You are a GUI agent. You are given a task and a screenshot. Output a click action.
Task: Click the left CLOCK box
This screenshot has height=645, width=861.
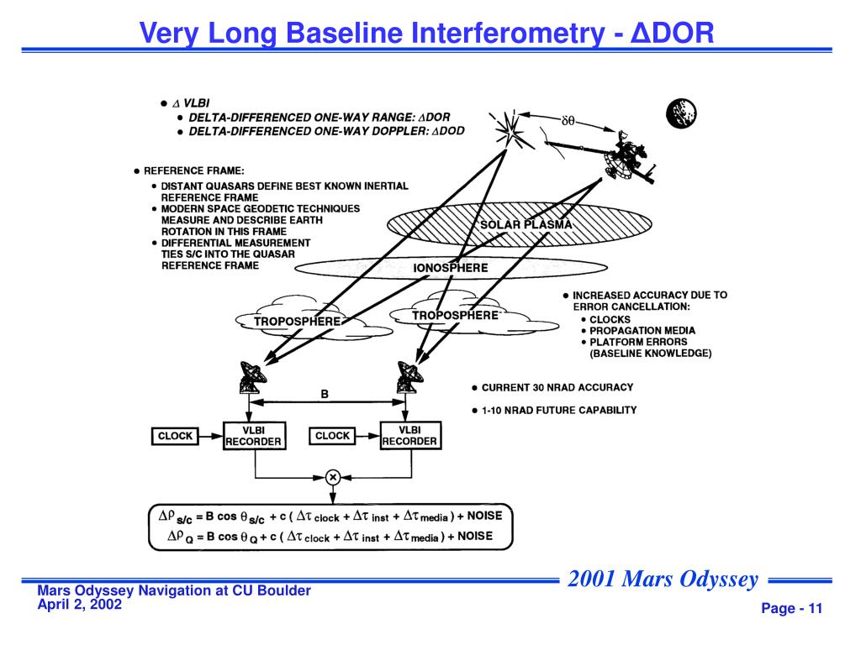[x=175, y=436]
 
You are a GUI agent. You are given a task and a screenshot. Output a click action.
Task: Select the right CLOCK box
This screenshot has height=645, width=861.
[x=332, y=436]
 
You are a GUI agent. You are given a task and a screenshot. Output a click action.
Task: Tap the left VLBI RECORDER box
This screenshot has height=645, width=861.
[x=253, y=435]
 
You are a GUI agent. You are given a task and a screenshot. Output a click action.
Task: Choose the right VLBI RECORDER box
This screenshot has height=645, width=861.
[x=410, y=435]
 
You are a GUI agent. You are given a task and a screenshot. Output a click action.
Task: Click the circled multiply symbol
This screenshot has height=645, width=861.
[x=332, y=477]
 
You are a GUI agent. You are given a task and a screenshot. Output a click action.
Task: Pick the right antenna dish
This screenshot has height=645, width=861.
[x=409, y=375]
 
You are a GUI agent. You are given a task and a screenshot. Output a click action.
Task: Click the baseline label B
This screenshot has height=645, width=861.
[x=325, y=392]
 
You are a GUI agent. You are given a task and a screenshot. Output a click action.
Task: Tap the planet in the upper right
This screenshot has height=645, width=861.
[x=681, y=113]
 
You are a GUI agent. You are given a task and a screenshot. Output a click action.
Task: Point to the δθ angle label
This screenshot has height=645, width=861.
[x=568, y=122]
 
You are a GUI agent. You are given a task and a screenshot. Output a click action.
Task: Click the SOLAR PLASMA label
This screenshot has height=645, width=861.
[x=526, y=225]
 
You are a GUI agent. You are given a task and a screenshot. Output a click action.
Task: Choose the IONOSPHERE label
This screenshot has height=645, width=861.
[x=451, y=268]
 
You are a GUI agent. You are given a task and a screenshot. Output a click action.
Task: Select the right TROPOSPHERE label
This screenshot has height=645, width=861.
[x=455, y=315]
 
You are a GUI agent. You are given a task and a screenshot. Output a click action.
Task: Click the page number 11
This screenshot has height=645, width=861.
[x=814, y=609]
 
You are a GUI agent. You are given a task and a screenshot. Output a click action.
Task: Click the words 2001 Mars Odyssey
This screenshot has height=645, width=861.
[x=663, y=579]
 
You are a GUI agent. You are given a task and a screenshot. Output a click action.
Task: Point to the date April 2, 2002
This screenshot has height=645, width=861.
[x=80, y=604]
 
